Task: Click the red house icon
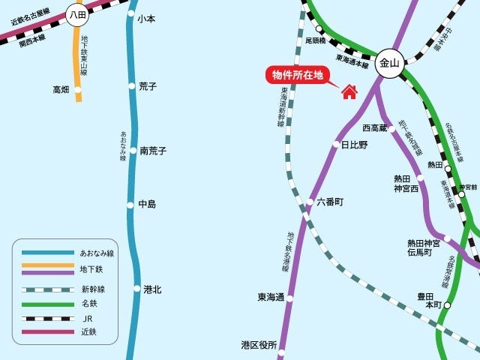[x=349, y=91]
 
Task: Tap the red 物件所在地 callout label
[x=298, y=75]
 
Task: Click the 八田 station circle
[x=76, y=14]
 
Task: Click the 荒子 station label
[x=148, y=87]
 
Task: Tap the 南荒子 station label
[x=153, y=151]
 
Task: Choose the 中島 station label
[x=147, y=204]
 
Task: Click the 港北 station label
[x=152, y=289]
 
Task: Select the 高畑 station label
[x=61, y=89]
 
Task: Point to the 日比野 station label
[x=355, y=145]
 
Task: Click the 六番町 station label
[x=330, y=202]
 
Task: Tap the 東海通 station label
[x=271, y=298]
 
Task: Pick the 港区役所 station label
[x=259, y=345]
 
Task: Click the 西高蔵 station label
[x=374, y=128]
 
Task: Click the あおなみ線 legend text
[x=97, y=253]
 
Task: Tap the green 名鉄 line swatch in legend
[x=46, y=304]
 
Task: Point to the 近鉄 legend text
[x=88, y=331]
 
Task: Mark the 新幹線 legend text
[x=92, y=289]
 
